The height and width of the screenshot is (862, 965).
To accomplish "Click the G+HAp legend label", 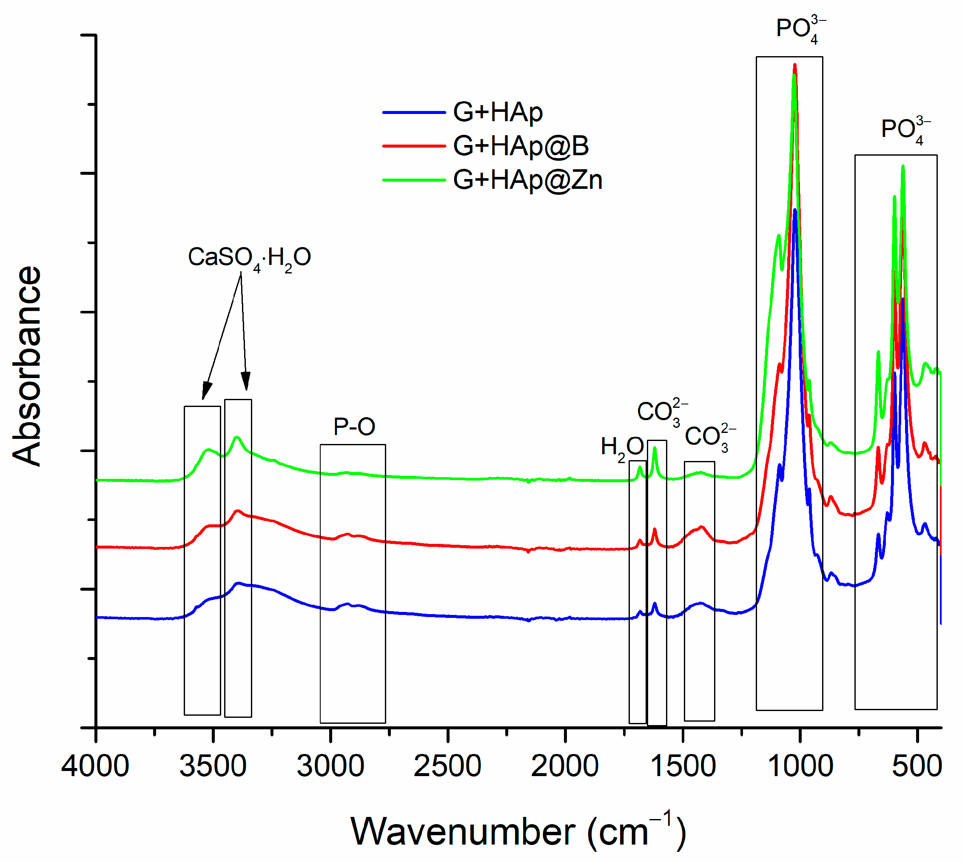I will click(498, 112).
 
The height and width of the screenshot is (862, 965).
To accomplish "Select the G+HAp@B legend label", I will click(521, 146).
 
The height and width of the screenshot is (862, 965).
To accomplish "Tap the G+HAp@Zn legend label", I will click(527, 180).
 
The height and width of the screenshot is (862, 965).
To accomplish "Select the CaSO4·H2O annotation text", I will click(249, 258).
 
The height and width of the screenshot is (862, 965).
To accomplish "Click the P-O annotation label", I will click(354, 427).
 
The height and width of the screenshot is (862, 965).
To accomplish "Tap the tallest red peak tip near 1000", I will click(795, 65).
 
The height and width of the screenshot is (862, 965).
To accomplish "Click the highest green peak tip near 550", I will click(903, 166).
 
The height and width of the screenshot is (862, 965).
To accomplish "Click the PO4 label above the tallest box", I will click(800, 29).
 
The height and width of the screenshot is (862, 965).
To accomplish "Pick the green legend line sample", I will click(413, 180).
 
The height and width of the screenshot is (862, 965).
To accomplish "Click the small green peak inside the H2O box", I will click(640, 467).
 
